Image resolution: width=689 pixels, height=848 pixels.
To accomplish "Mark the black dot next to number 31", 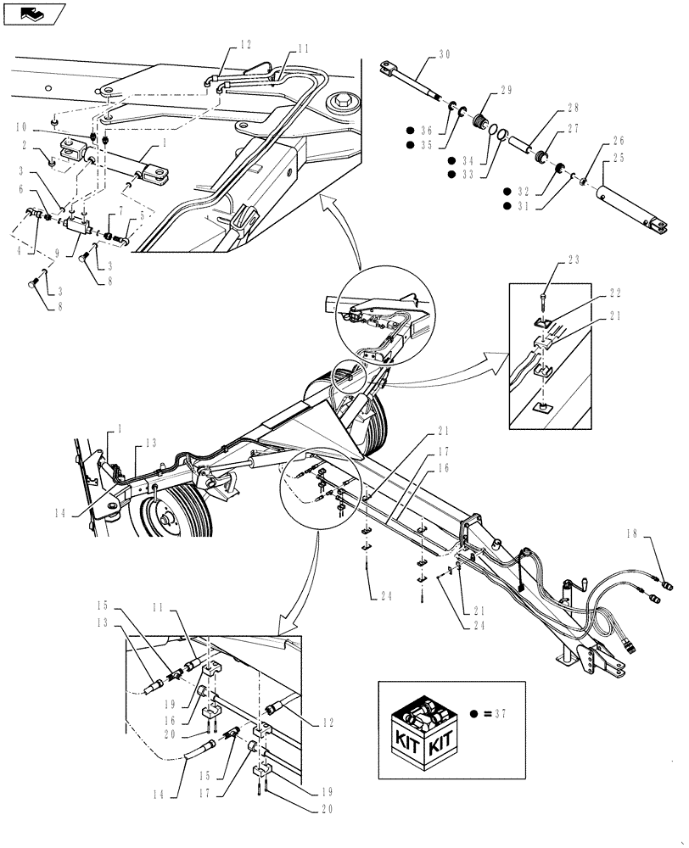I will [507, 205].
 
